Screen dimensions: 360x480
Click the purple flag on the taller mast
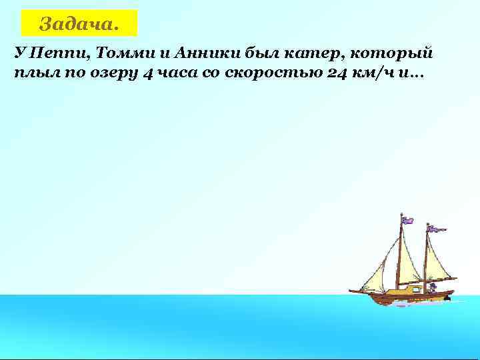pyautogui.click(x=407, y=219)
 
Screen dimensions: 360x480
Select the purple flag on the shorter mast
pyautogui.click(x=437, y=229)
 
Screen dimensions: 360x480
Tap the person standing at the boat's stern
pyautogui.click(x=432, y=288)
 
